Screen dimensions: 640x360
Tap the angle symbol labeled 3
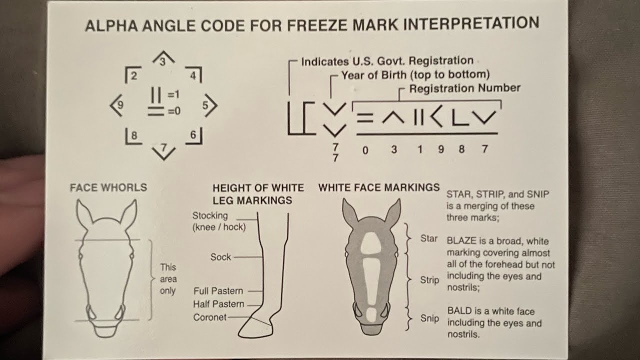tap(163, 54)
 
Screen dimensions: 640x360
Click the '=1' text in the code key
tap(173, 94)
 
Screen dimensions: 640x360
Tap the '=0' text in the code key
tap(174, 111)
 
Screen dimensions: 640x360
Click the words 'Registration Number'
tap(465, 88)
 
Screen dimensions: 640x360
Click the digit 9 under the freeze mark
tap(441, 149)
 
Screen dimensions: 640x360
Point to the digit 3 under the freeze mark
tap(394, 149)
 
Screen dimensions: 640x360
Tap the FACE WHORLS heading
tap(108, 187)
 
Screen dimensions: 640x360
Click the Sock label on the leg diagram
tap(220, 257)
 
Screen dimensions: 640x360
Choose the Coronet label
tap(209, 317)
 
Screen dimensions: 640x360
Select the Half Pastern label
tap(218, 304)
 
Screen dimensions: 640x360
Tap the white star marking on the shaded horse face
tap(371, 243)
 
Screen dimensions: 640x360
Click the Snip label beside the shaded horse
tap(429, 318)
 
